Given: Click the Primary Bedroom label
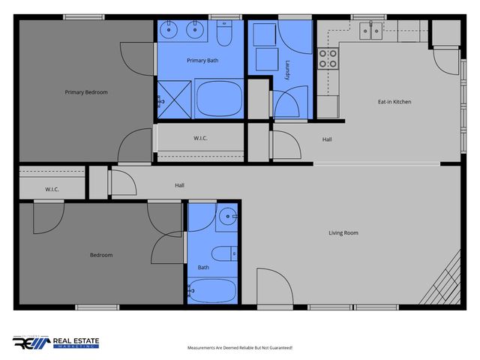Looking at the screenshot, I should point(86,92).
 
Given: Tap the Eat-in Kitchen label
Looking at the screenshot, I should point(394,101).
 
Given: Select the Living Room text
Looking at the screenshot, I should point(343,232).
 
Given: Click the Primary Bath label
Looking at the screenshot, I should point(201,58).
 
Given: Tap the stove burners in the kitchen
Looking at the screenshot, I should point(328,58).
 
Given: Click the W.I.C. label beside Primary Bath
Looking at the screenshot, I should point(200,138).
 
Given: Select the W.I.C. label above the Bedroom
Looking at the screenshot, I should point(52,189).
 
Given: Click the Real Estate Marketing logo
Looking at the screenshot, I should point(56,342).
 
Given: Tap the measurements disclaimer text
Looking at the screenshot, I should point(239,348).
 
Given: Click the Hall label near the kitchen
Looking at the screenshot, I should point(327,139).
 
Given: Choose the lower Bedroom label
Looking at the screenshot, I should point(101,255).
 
